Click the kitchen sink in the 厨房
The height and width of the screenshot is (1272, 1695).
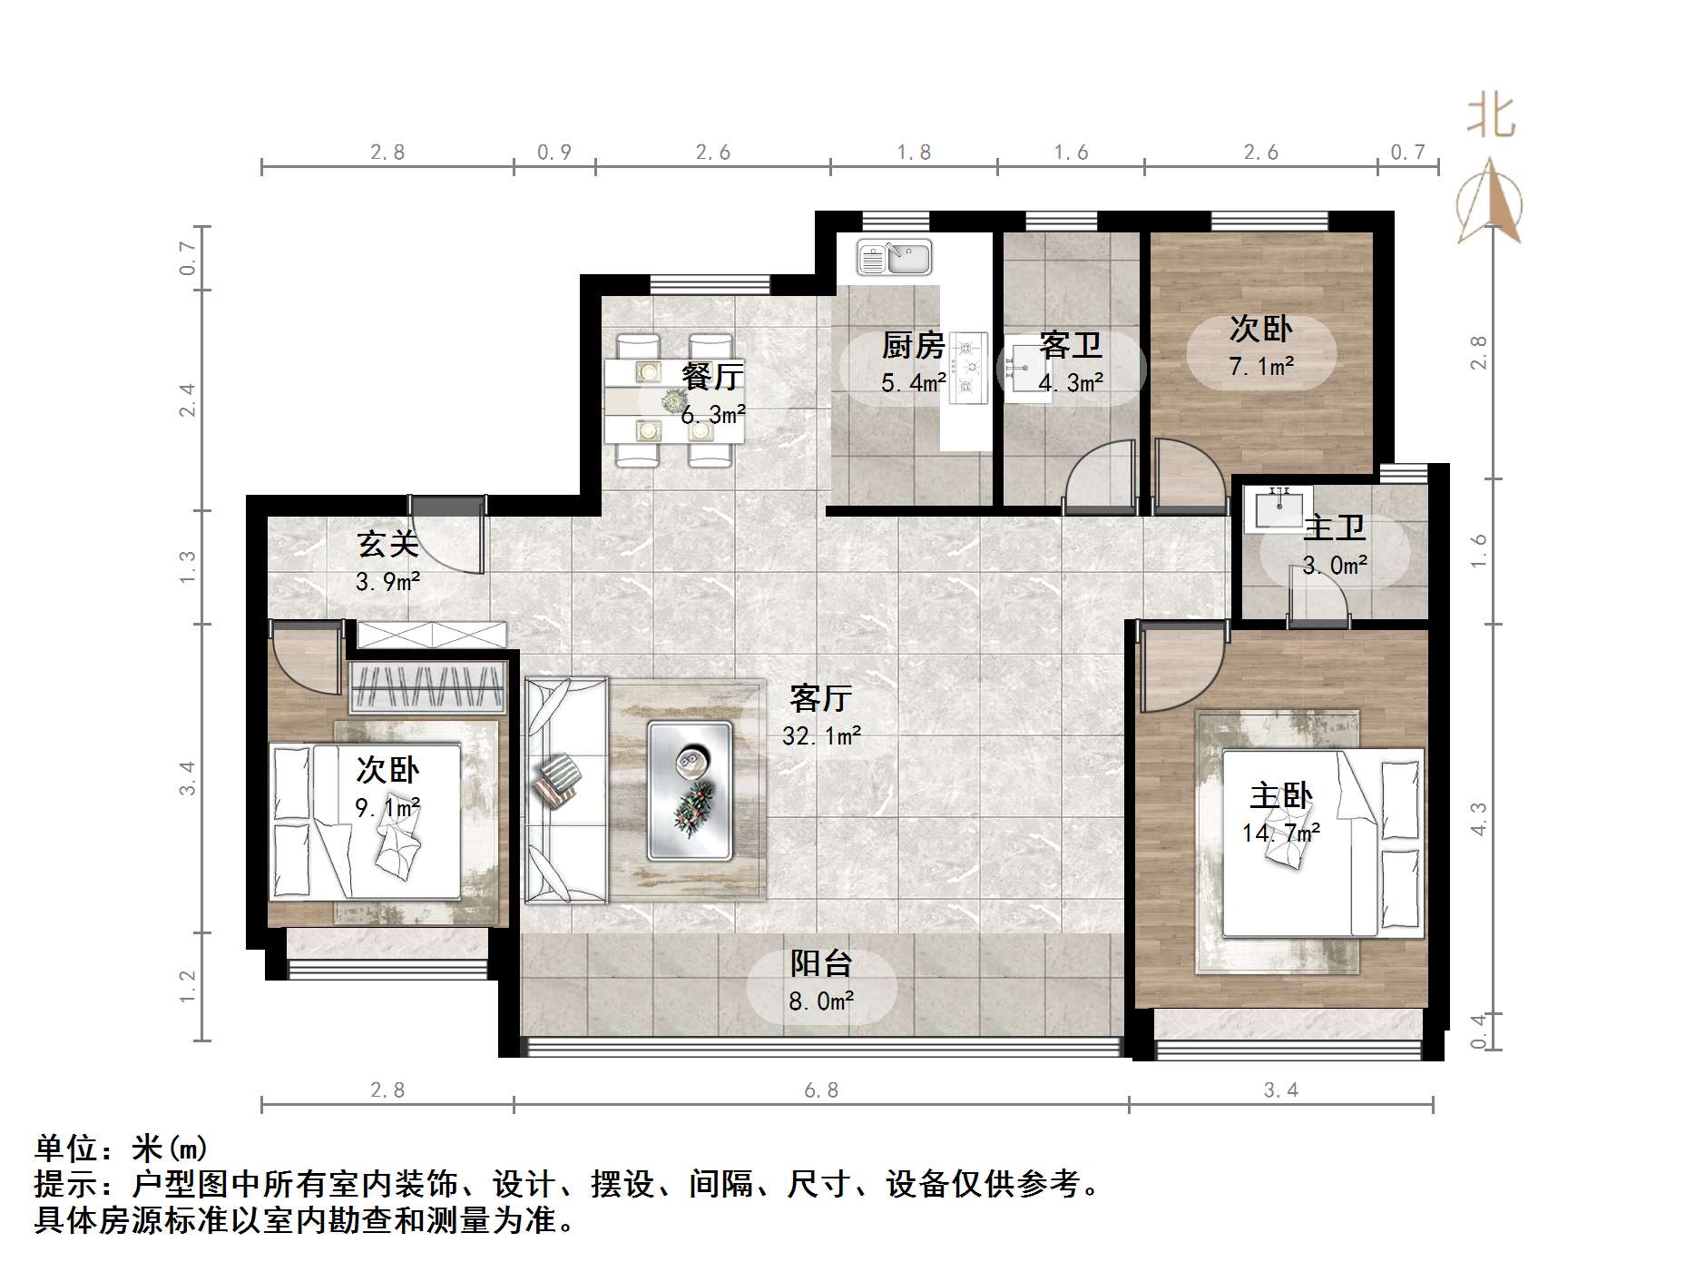click(x=895, y=258)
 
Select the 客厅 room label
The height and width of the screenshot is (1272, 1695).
click(x=820, y=698)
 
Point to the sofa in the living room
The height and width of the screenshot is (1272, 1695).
click(x=565, y=790)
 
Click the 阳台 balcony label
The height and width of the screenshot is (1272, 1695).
click(x=820, y=963)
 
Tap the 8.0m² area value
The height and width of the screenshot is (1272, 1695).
click(x=820, y=1001)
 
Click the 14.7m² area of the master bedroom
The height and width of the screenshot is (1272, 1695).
click(x=1280, y=832)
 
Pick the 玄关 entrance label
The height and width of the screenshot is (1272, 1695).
click(x=387, y=544)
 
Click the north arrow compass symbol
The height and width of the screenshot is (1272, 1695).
click(x=1489, y=204)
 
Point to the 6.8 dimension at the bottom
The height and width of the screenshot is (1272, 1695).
click(x=821, y=1090)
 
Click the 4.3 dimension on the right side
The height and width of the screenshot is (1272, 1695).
click(x=1478, y=818)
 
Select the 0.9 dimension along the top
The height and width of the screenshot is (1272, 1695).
click(x=554, y=153)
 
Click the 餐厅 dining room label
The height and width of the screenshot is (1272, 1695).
click(x=712, y=376)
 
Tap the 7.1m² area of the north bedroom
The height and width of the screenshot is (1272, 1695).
click(x=1261, y=366)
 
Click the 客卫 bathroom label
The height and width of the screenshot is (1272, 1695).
click(x=1071, y=345)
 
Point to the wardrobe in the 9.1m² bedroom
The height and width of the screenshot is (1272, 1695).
click(x=427, y=687)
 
